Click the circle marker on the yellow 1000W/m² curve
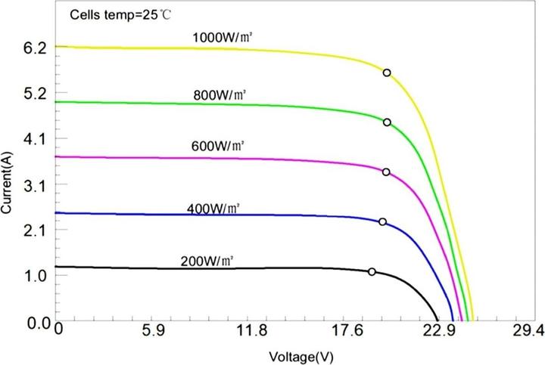(387, 73)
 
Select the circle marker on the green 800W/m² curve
(387, 122)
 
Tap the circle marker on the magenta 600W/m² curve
(386, 172)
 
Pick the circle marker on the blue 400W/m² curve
(382, 221)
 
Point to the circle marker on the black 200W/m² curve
(372, 271)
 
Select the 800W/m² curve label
(220, 94)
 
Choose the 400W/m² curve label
(212, 208)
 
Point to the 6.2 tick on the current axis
(36, 48)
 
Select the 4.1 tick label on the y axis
(36, 139)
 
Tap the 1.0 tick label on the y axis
(36, 276)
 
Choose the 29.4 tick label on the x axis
(527, 330)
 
